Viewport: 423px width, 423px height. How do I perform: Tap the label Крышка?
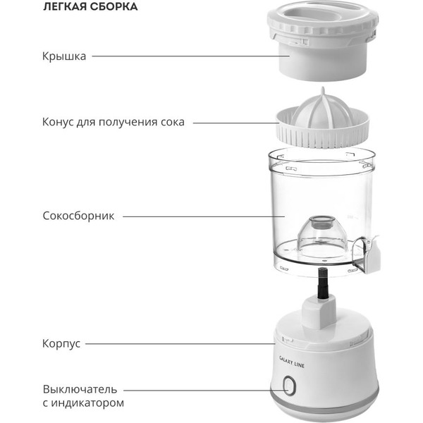(64, 56)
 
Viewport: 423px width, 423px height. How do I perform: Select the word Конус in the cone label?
(58, 122)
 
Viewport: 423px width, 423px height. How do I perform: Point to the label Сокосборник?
(78, 216)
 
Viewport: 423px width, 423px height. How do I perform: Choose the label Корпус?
(61, 344)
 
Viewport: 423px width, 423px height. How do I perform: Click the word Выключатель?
(80, 389)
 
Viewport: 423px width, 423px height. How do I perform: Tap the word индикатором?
(87, 403)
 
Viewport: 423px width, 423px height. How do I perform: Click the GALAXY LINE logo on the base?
(291, 362)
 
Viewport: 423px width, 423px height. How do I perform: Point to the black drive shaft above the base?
(323, 283)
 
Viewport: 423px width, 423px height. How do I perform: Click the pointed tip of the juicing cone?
(323, 88)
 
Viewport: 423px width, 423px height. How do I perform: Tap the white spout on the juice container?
(372, 256)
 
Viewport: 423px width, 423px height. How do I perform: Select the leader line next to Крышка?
(191, 56)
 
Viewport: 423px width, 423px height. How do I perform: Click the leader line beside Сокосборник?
(204, 216)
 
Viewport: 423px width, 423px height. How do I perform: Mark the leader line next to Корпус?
(180, 344)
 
